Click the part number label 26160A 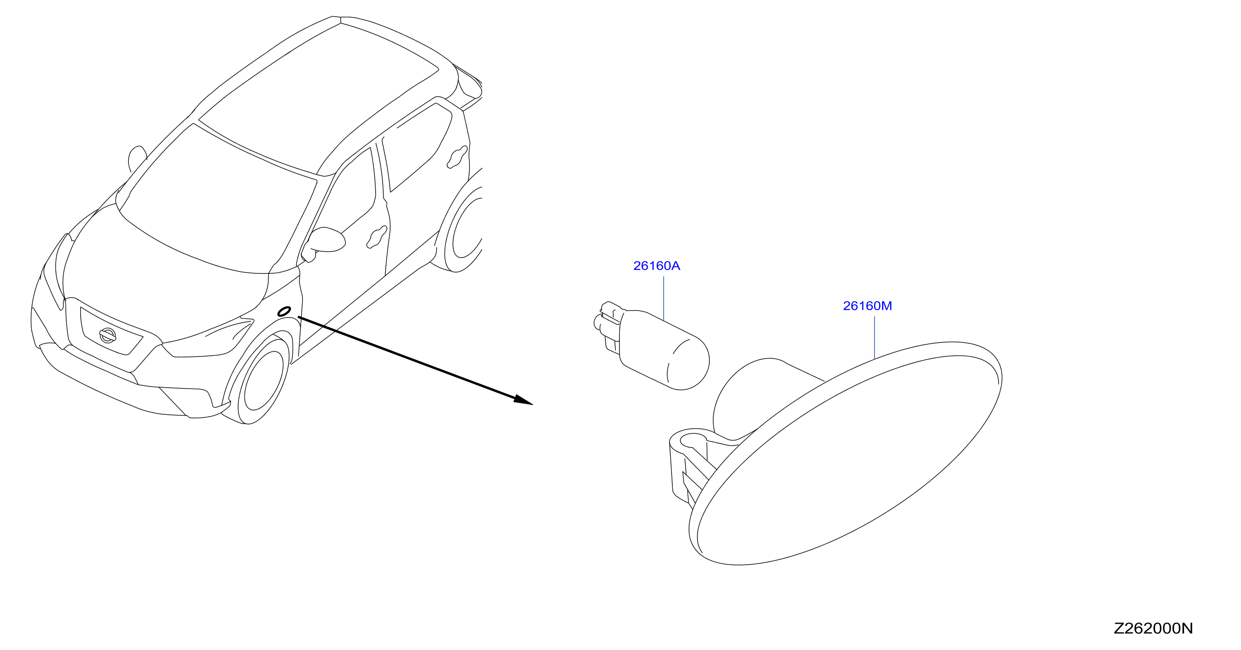point(656,266)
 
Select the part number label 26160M point(867,306)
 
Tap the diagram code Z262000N point(1153,629)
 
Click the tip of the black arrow point(532,404)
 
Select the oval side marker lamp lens point(846,452)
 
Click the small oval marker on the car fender point(284,311)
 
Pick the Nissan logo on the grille point(108,335)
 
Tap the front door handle point(377,237)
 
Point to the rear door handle point(458,157)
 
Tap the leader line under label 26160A point(664,299)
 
